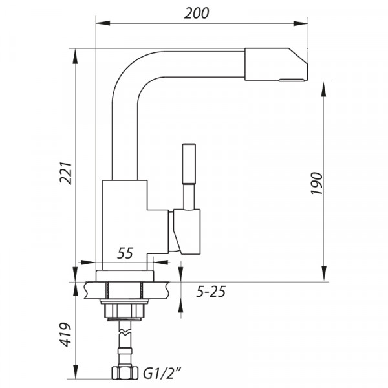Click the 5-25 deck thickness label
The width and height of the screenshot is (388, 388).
[x=210, y=292]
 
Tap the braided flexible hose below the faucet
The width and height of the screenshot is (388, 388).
[x=123, y=343]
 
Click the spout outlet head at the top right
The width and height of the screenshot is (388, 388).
[x=275, y=65]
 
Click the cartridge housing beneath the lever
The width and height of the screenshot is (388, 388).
[x=187, y=232]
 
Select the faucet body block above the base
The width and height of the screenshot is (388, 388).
[x=126, y=220]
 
